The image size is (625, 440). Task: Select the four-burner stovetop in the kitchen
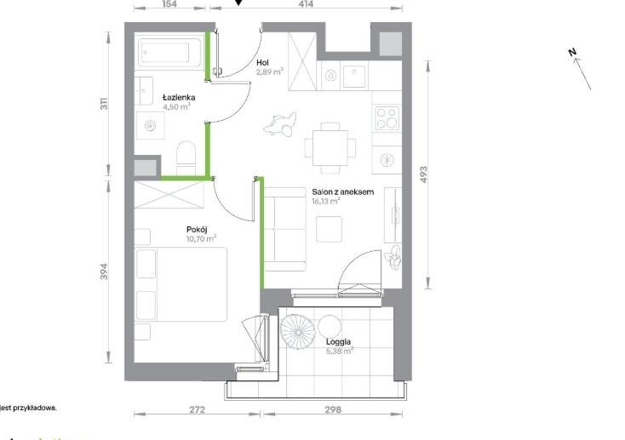pos(387,117)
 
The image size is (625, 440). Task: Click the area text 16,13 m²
pos(325,202)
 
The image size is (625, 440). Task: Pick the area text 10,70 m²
pos(201,239)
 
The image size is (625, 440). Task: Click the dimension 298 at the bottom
pos(331,409)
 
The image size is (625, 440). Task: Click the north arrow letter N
pos(574,53)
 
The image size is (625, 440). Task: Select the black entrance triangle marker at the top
pos(238,3)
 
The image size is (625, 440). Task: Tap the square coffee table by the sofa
pos(329,229)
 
